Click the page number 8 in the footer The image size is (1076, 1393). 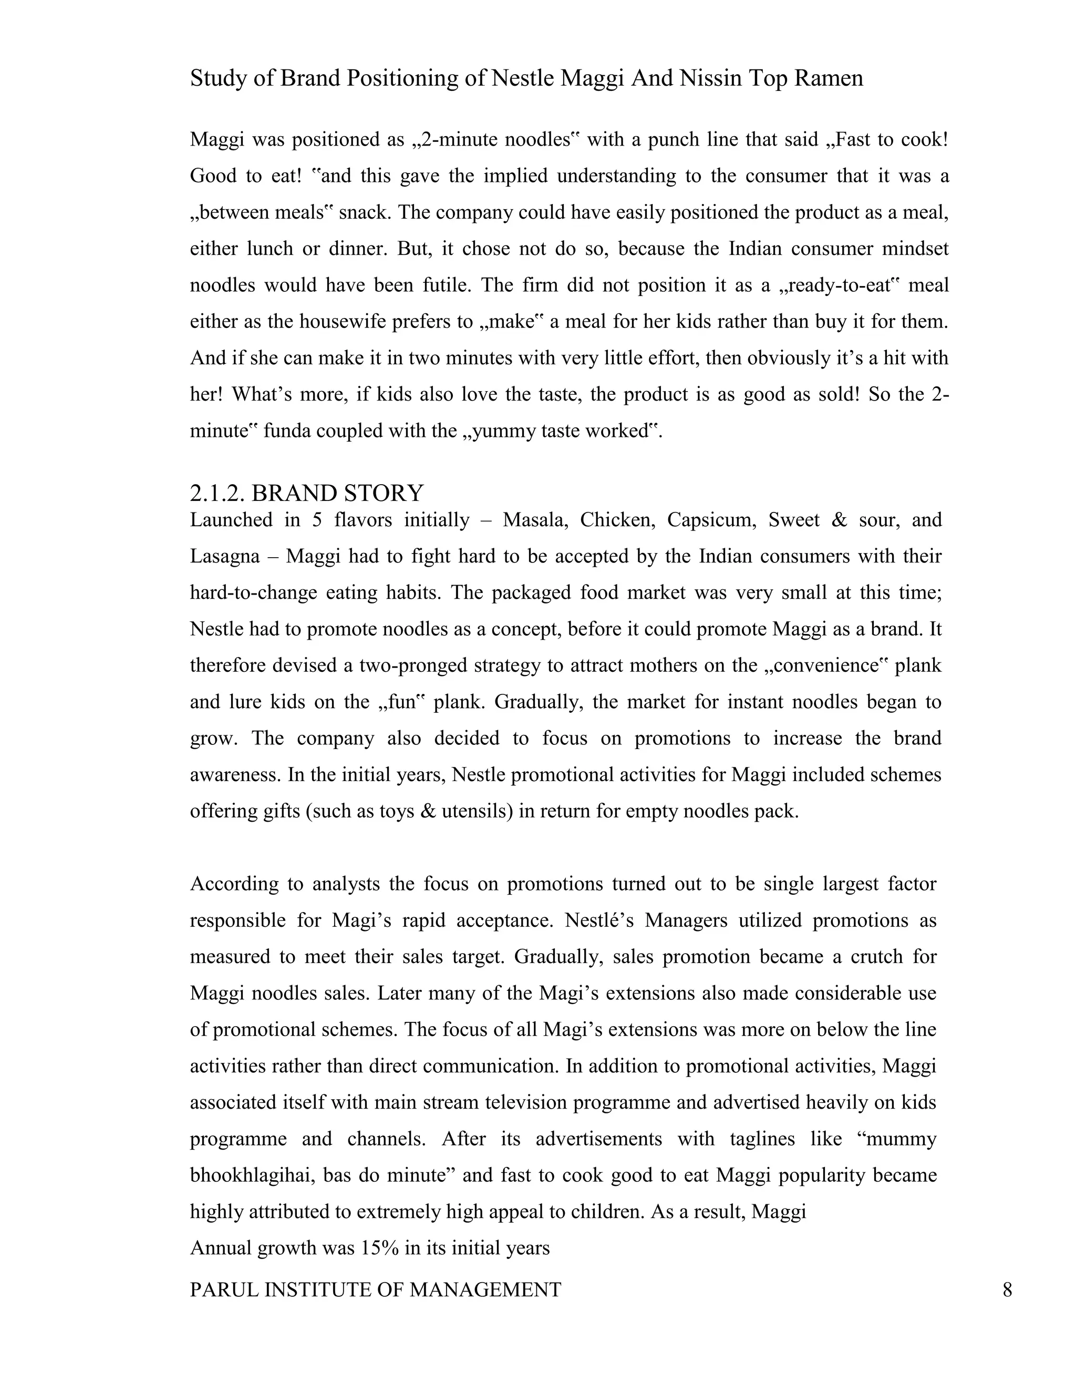pyautogui.click(x=1007, y=1289)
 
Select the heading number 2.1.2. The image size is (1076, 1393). pyautogui.click(x=218, y=493)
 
